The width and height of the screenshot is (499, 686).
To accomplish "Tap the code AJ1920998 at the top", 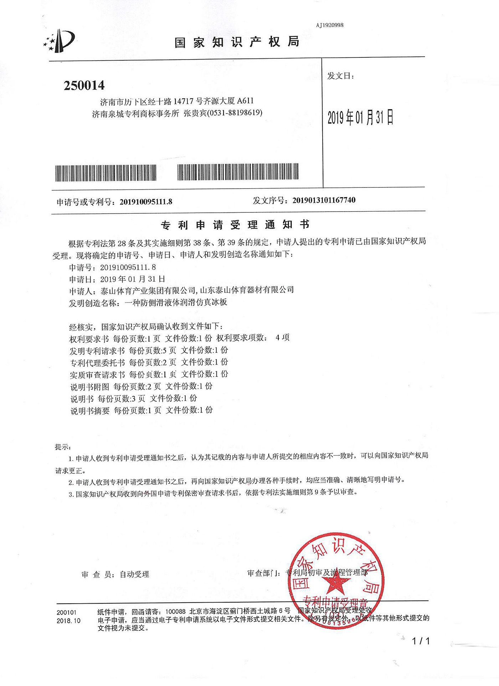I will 329,25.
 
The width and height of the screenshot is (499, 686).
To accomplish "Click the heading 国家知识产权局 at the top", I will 237,42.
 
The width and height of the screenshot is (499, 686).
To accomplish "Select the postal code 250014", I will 84,86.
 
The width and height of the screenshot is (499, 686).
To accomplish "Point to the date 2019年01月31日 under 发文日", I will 360,118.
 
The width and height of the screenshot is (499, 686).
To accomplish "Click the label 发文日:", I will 340,76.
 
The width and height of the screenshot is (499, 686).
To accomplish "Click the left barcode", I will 106,173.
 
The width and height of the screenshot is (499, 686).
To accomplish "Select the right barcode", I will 238,172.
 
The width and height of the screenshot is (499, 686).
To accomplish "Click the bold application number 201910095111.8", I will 146,202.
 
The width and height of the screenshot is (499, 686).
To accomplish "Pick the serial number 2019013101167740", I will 324,200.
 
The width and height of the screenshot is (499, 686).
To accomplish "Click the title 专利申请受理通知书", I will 235,225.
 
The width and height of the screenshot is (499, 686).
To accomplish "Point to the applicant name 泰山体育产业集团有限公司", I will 148,291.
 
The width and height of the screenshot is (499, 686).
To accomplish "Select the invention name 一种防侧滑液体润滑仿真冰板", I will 176,303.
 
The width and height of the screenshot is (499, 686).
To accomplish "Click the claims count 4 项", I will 282,337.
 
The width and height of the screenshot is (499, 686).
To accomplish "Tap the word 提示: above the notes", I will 63,447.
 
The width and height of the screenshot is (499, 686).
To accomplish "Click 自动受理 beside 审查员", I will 134,574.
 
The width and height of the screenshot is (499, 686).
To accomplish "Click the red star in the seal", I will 336,584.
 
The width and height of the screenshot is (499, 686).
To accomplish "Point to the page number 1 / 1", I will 421,641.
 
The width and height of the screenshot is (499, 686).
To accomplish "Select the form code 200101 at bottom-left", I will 66,612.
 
